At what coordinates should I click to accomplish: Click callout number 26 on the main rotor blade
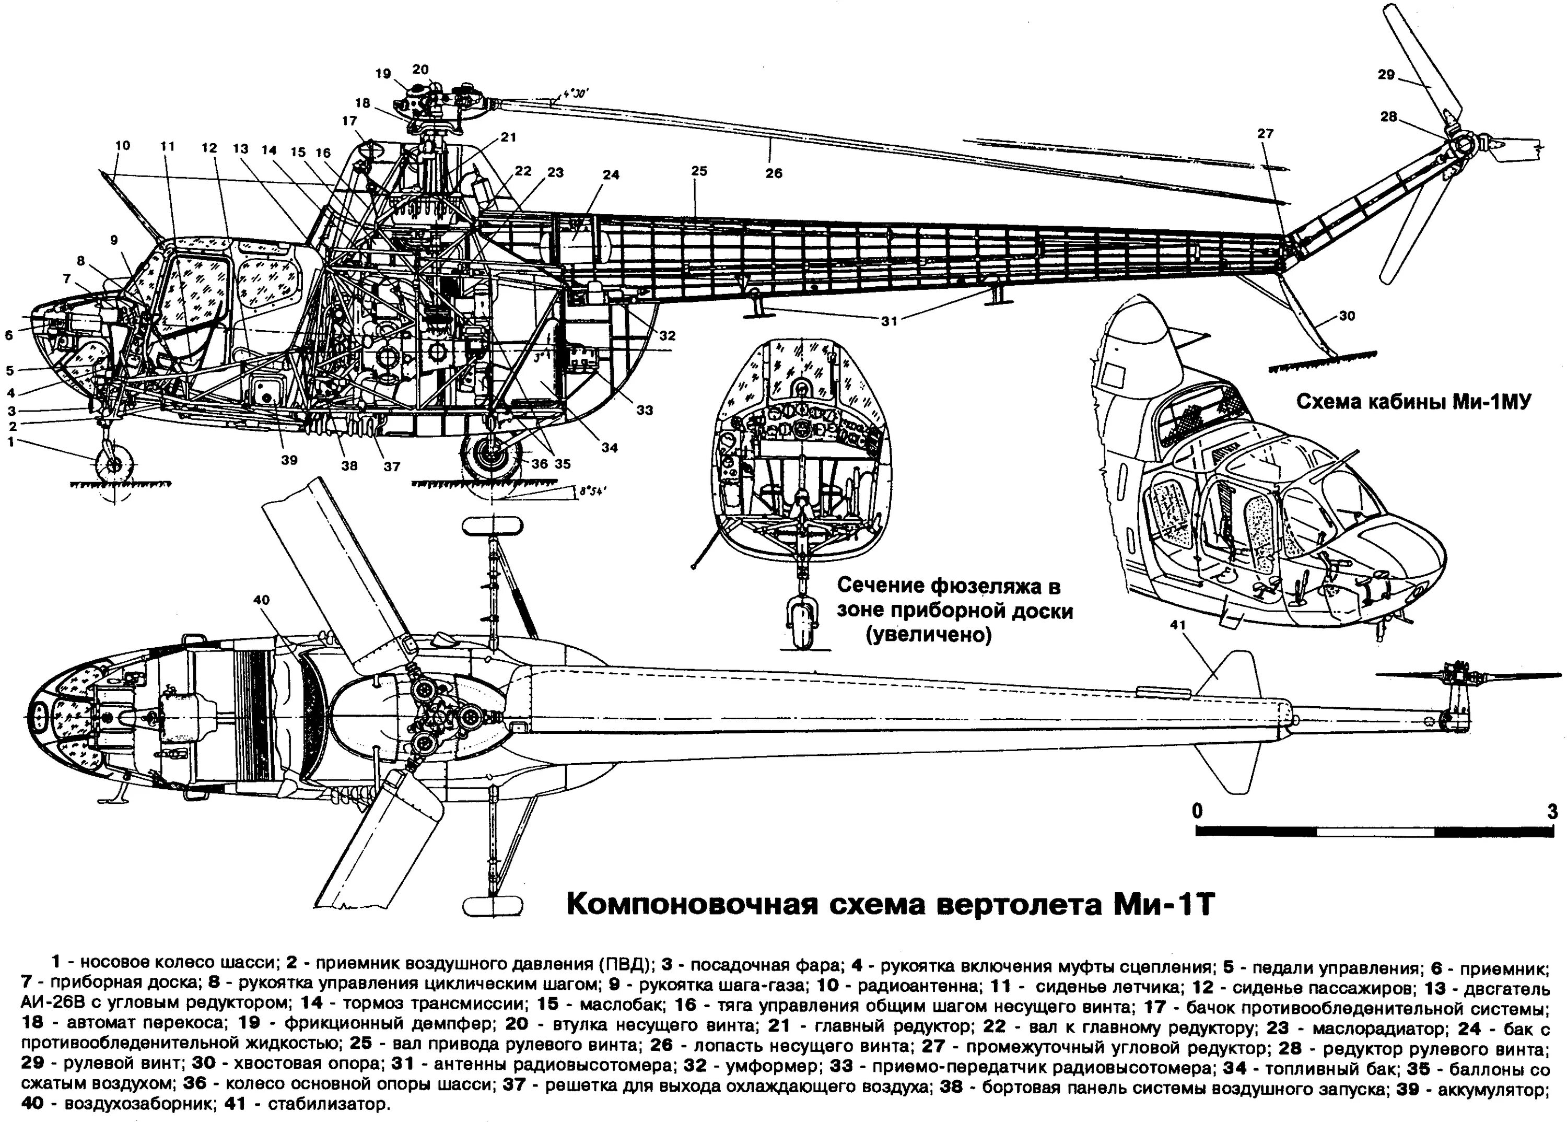pos(773,173)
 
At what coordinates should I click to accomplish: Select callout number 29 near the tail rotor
pos(1386,75)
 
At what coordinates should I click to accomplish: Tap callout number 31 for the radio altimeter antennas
pos(889,321)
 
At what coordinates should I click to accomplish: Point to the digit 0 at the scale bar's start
pos(1197,810)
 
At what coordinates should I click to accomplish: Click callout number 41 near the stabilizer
pos(1178,625)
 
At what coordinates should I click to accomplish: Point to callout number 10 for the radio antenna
pos(122,146)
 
